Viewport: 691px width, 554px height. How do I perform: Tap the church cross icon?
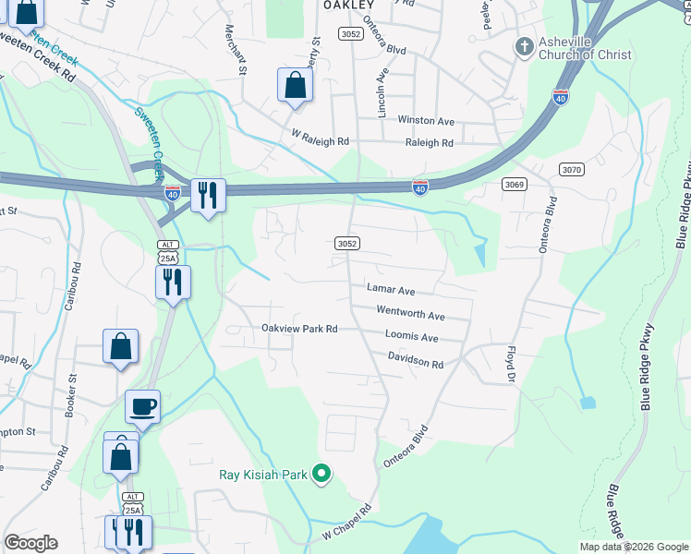pos(524,46)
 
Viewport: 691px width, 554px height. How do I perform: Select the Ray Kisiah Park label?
pos(262,476)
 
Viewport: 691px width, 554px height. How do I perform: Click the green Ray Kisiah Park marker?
pos(321,475)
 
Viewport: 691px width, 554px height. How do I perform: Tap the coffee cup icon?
pos(142,406)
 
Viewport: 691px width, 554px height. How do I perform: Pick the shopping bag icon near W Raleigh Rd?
pos(295,86)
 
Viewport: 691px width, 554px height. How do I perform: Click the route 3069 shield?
pos(515,185)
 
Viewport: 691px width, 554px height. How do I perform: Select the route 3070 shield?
pos(572,169)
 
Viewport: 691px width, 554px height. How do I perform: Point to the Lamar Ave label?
pos(391,289)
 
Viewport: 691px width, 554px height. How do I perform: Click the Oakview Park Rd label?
pos(299,329)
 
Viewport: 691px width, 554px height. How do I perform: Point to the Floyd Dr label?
pos(509,365)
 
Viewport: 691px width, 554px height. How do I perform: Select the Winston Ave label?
pos(426,121)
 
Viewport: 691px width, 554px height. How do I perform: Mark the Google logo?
pos(31,543)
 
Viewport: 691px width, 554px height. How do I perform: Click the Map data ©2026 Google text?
pos(634,547)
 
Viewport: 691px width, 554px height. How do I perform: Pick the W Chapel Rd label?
pos(346,522)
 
